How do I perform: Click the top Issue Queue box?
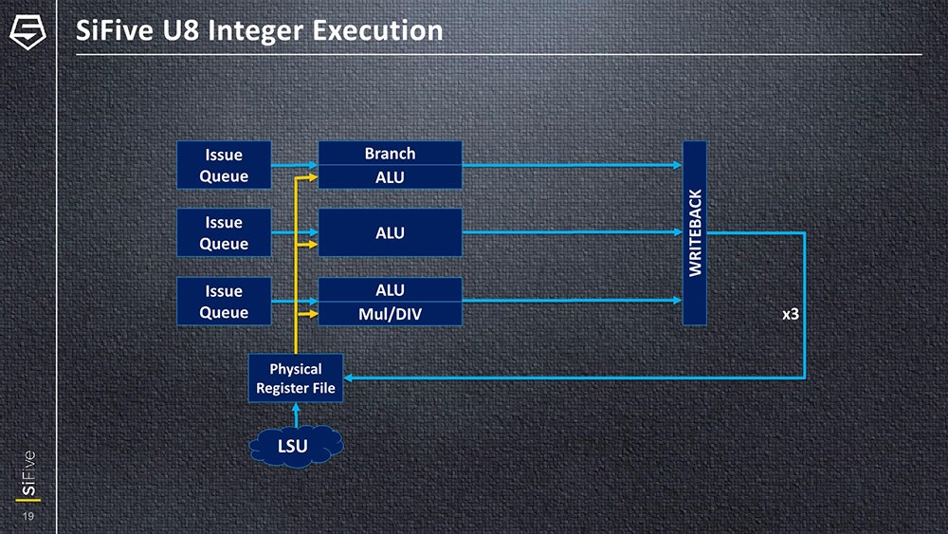click(x=224, y=165)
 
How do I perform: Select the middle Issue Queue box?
click(x=224, y=233)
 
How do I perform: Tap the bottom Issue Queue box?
click(x=224, y=302)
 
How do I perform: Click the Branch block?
click(x=390, y=153)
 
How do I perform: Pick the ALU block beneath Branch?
click(x=390, y=177)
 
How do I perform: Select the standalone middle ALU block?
click(x=390, y=232)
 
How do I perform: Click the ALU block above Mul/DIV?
click(x=390, y=289)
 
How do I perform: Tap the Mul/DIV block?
click(x=390, y=313)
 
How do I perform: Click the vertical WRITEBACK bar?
click(x=695, y=233)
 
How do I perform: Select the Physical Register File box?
click(x=295, y=377)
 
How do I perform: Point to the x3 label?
click(x=790, y=313)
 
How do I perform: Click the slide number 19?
click(x=28, y=516)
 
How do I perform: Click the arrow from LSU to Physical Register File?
click(x=296, y=414)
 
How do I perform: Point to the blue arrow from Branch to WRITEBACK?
click(x=569, y=165)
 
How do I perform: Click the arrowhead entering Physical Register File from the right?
click(x=349, y=377)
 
